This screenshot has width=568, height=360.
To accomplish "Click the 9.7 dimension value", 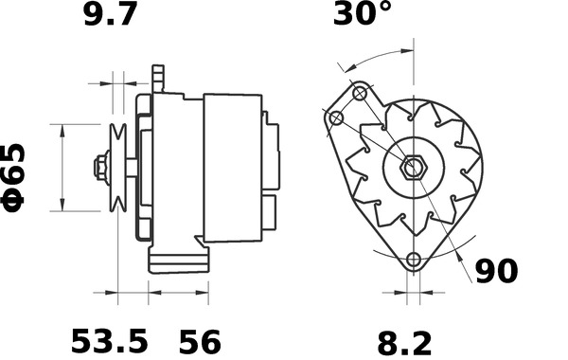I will [112, 16].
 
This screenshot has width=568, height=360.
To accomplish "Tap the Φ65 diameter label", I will [20, 177].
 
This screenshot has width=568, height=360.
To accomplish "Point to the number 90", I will [496, 271].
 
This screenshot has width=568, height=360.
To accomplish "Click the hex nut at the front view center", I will [412, 169].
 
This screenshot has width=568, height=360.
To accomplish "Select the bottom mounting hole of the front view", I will [413, 261].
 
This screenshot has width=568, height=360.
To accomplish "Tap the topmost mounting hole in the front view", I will [360, 94].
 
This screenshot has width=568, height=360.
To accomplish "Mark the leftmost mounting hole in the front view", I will [336, 118].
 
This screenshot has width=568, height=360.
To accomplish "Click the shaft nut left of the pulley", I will [99, 169].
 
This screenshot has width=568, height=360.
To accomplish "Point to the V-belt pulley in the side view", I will [118, 169].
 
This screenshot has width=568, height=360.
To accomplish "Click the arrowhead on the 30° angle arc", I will [345, 65].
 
